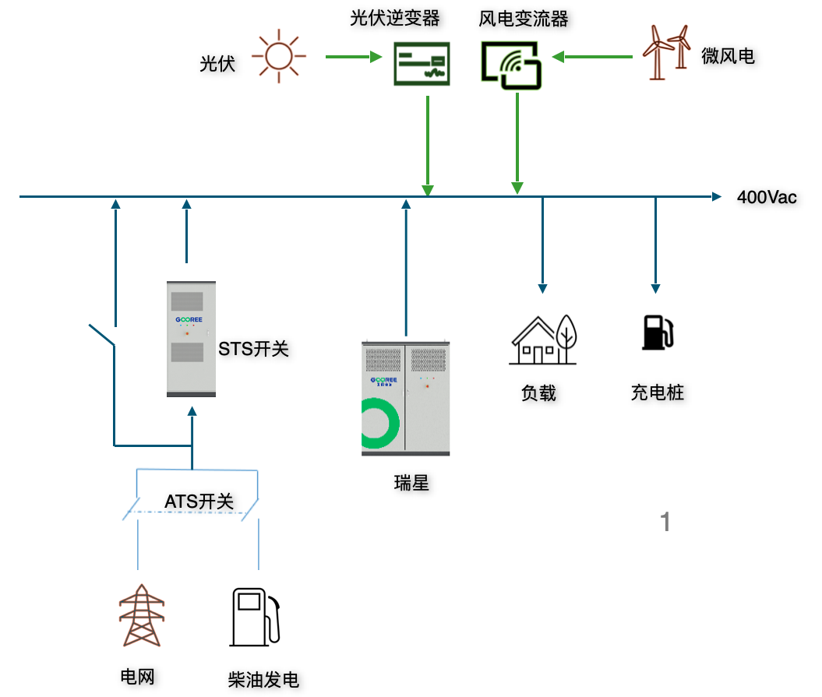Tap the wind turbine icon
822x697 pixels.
(x=666, y=52)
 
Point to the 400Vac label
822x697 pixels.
(x=767, y=197)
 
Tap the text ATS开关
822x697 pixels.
(x=199, y=502)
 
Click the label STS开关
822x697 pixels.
(x=253, y=349)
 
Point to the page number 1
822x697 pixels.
(x=665, y=522)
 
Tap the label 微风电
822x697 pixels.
(x=728, y=56)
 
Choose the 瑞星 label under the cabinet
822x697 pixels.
(x=411, y=483)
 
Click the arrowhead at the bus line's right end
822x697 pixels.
(x=716, y=197)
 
